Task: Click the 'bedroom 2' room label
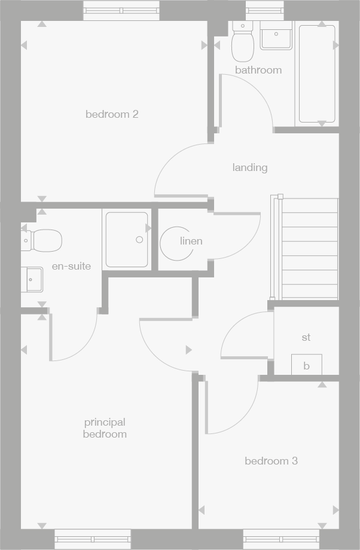(x=112, y=114)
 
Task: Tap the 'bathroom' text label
(x=258, y=70)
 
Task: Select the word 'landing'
(x=250, y=167)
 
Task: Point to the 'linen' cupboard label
(x=191, y=241)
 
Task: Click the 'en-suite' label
(x=71, y=266)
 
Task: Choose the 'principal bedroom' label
(x=105, y=428)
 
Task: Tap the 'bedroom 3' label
(x=271, y=461)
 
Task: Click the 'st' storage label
(x=306, y=338)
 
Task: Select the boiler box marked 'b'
(x=306, y=365)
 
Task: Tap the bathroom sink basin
(x=276, y=36)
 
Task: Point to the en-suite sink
(x=32, y=279)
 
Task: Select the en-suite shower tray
(x=127, y=239)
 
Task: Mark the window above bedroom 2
(x=121, y=11)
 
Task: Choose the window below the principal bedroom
(x=92, y=539)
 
